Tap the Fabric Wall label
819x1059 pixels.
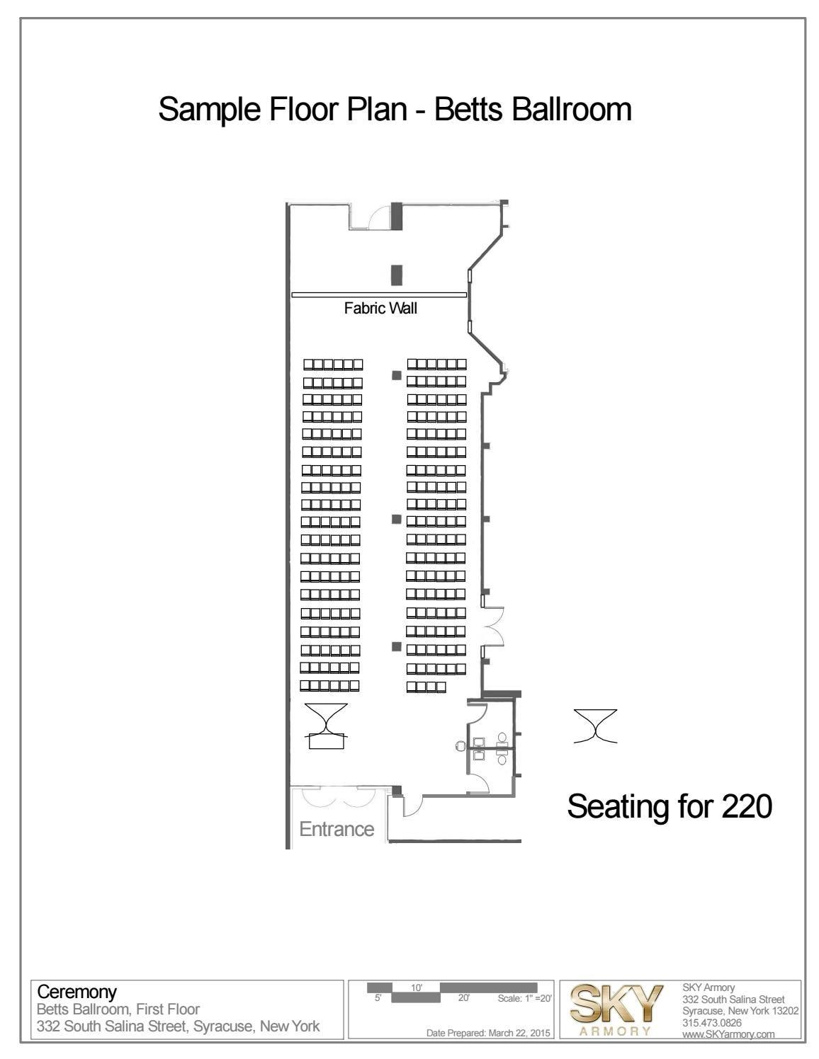click(x=380, y=308)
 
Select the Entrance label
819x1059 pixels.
click(x=337, y=829)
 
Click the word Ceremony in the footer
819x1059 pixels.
click(x=77, y=992)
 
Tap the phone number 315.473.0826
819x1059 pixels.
click(x=712, y=1023)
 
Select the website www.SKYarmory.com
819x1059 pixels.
click(x=728, y=1034)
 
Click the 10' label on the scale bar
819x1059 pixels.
click(x=416, y=988)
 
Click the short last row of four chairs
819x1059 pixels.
click(x=426, y=687)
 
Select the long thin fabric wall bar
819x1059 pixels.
click(x=379, y=295)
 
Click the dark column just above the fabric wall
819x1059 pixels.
click(x=397, y=275)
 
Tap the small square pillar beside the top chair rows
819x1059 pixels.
click(x=397, y=375)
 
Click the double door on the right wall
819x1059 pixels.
click(x=492, y=626)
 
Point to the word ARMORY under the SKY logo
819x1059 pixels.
click(x=616, y=1031)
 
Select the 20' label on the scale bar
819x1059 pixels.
click(x=463, y=997)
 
